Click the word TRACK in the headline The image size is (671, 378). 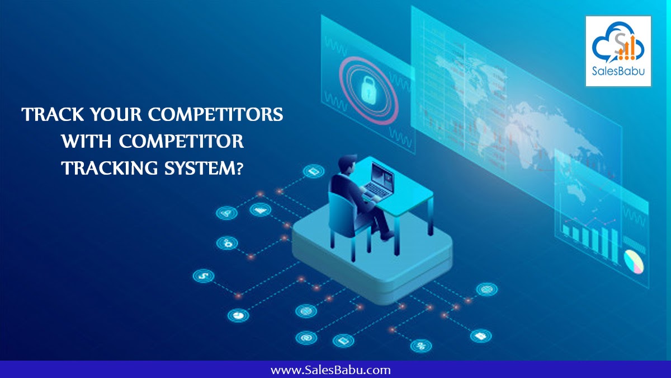[x=53, y=114]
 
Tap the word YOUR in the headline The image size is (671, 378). [x=116, y=114]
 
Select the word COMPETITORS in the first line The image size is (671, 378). [x=216, y=114]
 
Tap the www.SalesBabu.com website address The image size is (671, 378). [x=330, y=370]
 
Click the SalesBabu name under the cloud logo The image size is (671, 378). [x=618, y=71]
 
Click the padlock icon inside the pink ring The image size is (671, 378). [x=368, y=90]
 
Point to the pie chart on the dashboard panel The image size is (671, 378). [x=634, y=262]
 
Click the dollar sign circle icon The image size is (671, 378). [x=204, y=276]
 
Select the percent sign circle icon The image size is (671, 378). [x=421, y=346]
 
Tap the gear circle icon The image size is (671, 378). [x=227, y=243]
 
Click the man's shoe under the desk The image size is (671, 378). [x=387, y=236]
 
